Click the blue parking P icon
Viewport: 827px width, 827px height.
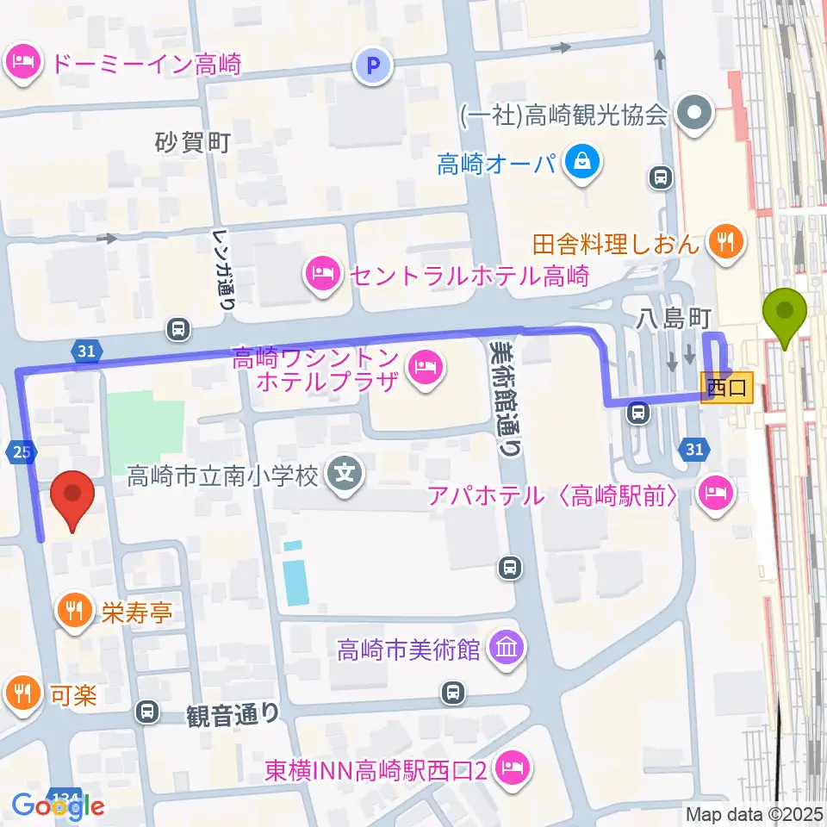click(x=374, y=65)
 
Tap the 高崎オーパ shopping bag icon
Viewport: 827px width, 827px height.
click(x=582, y=160)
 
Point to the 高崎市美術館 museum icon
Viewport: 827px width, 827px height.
click(x=506, y=649)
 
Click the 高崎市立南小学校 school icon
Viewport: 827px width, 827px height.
click(x=345, y=474)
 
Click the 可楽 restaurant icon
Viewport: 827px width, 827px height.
click(x=21, y=692)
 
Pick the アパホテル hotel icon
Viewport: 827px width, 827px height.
click(x=715, y=494)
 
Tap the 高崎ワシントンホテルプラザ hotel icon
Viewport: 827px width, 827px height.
click(x=424, y=370)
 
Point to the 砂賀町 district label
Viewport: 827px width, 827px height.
click(x=193, y=141)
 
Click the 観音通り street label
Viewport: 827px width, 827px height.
click(x=233, y=714)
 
